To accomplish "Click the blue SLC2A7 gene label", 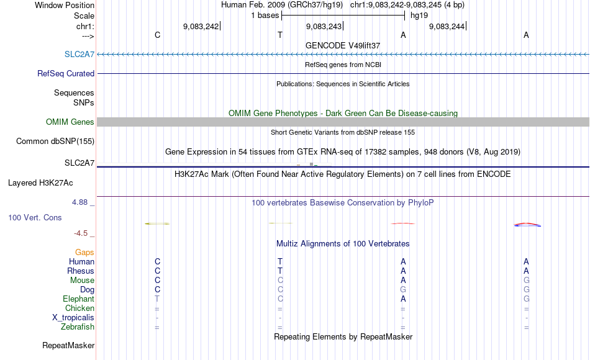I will point(79,54).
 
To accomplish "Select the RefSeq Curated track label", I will point(66,73).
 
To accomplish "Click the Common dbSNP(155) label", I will point(55,142).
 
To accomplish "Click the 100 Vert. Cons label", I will point(35,218).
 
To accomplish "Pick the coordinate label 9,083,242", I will point(201,27).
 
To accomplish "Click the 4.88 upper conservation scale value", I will point(81,202).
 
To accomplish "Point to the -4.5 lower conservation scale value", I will point(83,233).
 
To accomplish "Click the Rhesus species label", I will point(81,271).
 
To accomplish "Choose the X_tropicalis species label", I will point(73,318).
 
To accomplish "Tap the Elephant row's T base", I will point(157,299).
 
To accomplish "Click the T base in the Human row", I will point(280,262).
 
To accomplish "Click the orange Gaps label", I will point(84,253).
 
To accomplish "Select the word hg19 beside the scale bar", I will point(419,16).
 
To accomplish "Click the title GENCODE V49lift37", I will point(342,45).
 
